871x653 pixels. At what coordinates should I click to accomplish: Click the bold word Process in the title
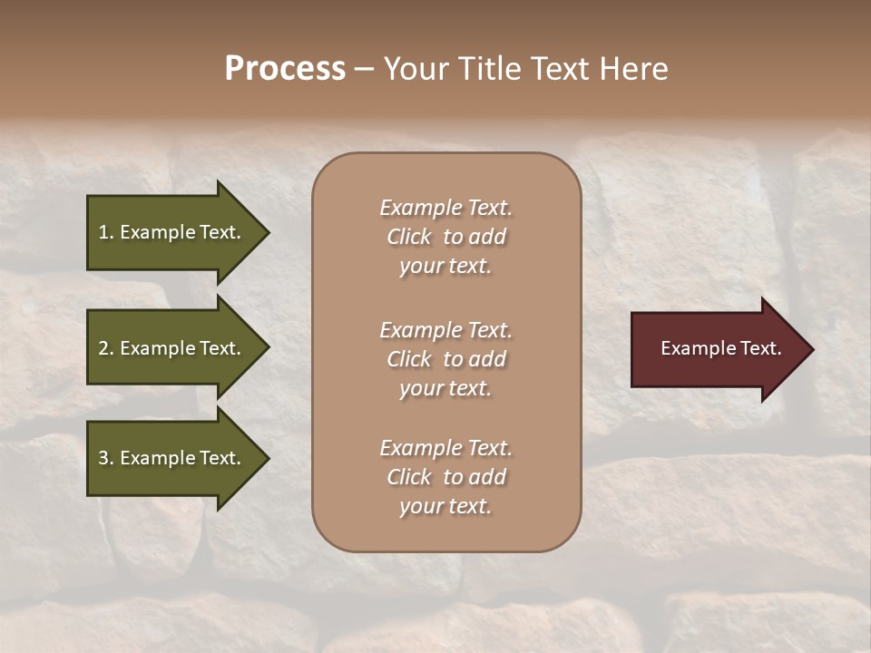(x=285, y=69)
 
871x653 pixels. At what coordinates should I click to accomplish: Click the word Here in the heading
(x=632, y=69)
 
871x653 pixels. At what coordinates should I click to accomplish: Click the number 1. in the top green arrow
(x=106, y=232)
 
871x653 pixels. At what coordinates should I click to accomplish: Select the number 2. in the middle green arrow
(x=106, y=348)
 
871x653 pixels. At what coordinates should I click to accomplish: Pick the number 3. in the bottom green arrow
(x=106, y=458)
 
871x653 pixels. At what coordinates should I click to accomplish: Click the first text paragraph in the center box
(x=445, y=237)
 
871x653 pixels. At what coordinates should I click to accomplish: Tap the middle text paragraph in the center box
(x=445, y=359)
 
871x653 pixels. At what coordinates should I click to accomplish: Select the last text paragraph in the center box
(x=445, y=477)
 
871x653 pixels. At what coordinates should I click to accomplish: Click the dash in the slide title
(x=364, y=70)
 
